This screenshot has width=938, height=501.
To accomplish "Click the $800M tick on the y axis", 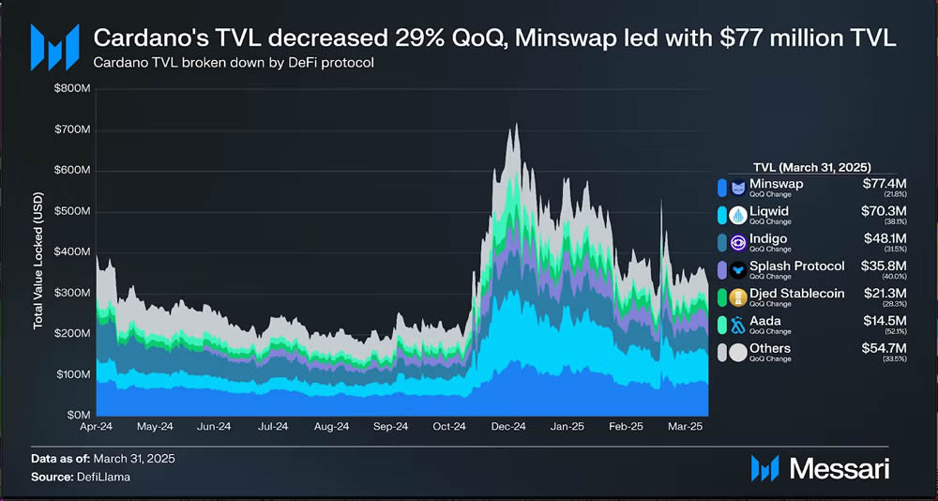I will tap(71, 89).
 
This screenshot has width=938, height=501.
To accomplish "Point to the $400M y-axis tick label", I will tap(71, 252).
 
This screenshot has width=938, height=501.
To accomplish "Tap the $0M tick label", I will tap(77, 415).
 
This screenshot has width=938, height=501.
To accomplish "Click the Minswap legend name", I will tap(776, 184).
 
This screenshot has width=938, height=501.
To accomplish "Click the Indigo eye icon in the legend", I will tap(737, 242).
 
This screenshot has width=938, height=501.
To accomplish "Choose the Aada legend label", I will tap(764, 321).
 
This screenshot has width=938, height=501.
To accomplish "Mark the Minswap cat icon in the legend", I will tap(737, 187).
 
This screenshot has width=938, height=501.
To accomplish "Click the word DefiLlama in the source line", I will tap(105, 478).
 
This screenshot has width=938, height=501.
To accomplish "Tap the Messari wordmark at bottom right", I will tap(840, 466).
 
